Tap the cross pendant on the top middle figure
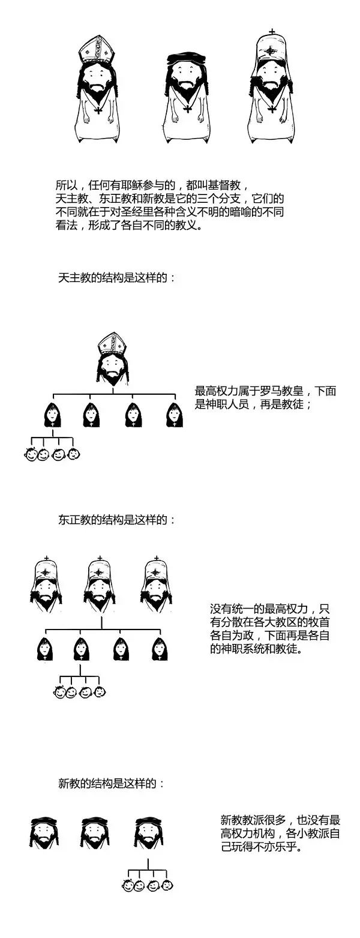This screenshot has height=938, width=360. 187,109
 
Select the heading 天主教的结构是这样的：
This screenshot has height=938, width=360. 117,278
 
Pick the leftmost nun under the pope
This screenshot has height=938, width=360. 53,415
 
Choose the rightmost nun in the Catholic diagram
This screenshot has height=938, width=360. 175,415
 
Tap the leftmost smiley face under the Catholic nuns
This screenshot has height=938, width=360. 30,455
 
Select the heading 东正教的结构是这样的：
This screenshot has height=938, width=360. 117,520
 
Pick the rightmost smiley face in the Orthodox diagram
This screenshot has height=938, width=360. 100,692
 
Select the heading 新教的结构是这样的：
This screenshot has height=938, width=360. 111,783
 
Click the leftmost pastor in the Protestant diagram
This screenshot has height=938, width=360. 44,832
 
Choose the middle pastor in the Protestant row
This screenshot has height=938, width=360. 95,832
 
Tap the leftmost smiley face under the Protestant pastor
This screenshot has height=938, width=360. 127,885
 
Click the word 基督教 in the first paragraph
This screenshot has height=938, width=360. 226,184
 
